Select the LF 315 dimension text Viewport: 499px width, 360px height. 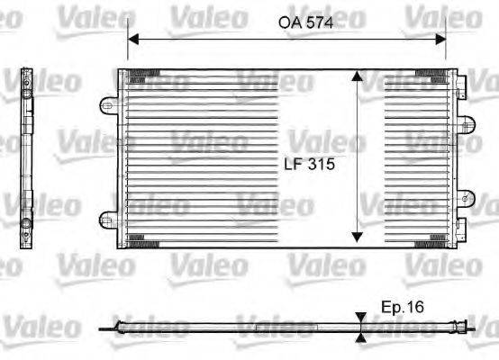309,165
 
